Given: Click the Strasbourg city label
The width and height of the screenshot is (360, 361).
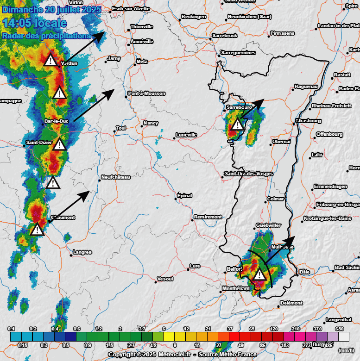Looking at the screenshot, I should (309, 121).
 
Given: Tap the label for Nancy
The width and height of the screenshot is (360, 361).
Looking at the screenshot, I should (151, 123).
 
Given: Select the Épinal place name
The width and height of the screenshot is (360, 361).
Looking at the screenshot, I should (185, 196).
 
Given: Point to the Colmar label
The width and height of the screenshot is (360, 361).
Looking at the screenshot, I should (276, 199).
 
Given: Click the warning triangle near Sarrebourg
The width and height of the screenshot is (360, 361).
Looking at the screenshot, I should (237, 124).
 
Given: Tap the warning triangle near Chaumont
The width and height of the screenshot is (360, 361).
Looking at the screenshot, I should (37, 229).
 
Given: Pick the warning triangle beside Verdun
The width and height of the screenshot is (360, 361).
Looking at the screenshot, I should (50, 60).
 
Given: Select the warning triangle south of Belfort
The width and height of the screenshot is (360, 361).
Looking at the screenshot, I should (259, 275).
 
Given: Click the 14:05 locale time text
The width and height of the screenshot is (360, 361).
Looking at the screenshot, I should (35, 23).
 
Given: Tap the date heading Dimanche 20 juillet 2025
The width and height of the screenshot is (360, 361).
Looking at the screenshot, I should (51, 9).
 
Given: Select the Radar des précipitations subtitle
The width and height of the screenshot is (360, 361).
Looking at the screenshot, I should (46, 36).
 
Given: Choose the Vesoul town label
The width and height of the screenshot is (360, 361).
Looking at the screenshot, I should (165, 279).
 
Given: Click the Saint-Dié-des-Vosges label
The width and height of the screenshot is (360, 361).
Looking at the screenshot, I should (249, 174).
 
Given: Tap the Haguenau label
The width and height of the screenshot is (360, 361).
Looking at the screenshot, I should (306, 87).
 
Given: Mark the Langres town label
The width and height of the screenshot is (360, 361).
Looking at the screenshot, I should (83, 252).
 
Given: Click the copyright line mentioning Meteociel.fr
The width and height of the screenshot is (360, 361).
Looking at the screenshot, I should (183, 355).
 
